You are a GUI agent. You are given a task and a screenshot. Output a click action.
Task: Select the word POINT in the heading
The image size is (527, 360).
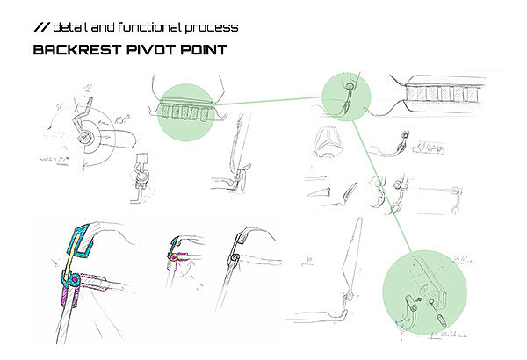click(203, 49)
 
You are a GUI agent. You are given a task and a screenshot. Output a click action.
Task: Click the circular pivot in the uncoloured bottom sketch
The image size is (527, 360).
click(235, 256)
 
